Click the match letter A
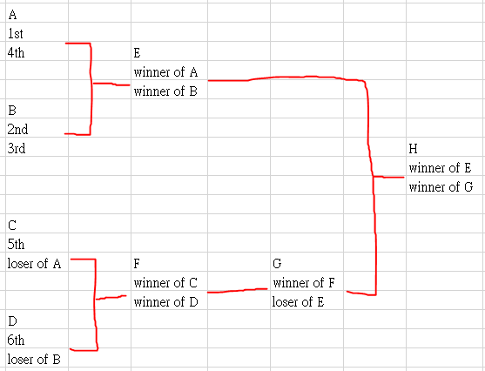pos(12,15)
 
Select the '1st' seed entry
pos(15,34)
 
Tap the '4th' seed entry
pos(16,52)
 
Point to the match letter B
pos(12,110)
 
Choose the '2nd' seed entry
pos(17,130)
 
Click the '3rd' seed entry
pos(17,149)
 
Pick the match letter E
pos(137,53)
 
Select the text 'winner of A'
pos(165,72)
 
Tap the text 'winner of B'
pos(165,91)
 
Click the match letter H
pos(413,149)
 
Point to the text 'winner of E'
pos(440,168)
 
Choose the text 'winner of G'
pos(441,187)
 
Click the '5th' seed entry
pos(16,245)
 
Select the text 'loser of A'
pos(34,264)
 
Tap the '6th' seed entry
pos(16,340)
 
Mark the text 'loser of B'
pos(34,359)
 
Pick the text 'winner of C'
pos(165,283)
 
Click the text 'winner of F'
pos(304,283)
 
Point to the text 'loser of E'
pos(298,302)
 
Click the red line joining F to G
pos(237,291)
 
